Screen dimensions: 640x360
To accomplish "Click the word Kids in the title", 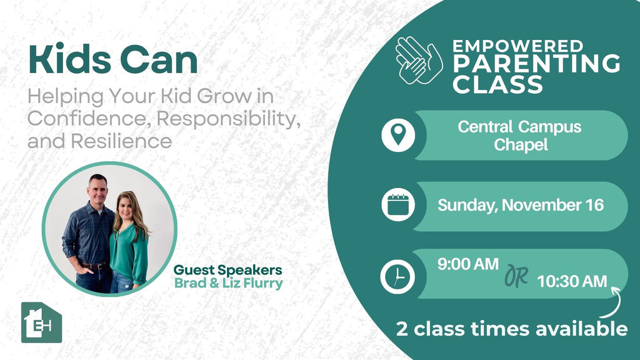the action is (x=69, y=59).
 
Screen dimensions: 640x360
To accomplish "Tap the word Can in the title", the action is (x=159, y=59).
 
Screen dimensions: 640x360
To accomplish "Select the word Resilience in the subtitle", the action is (x=121, y=141).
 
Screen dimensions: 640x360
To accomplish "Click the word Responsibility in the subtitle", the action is (x=228, y=119).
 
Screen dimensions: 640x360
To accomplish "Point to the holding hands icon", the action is (x=419, y=60).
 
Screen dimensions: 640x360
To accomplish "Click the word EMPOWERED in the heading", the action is (x=518, y=46).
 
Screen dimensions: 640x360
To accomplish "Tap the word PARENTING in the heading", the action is (x=536, y=64).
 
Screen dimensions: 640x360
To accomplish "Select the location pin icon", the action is (x=398, y=135).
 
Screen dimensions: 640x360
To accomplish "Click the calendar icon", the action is (x=398, y=204).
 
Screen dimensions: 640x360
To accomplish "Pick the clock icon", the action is (x=397, y=276).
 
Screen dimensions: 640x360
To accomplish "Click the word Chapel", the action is (x=521, y=145).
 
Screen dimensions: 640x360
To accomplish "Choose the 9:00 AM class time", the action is (x=467, y=264).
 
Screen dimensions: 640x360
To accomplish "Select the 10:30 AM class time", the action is (x=572, y=281).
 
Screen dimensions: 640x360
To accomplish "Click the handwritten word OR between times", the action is (x=516, y=276).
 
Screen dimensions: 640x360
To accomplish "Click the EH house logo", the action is (x=41, y=322).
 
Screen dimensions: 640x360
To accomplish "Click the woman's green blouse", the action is (x=129, y=253).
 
